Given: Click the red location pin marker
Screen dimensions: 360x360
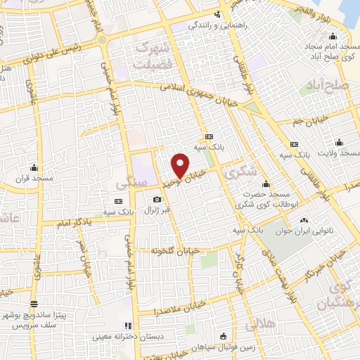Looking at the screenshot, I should point(181,165).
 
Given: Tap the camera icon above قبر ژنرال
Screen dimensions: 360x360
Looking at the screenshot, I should point(157,199).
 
